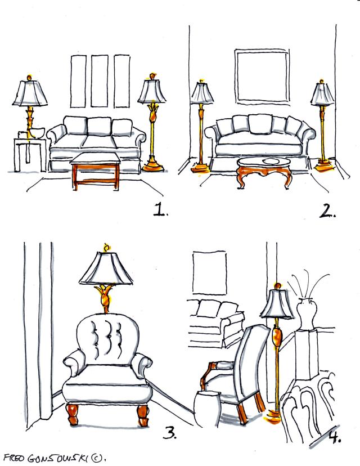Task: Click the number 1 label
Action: coord(160,209)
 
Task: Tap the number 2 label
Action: coord(327,210)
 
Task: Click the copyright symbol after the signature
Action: coord(96,458)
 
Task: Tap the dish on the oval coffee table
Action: coord(271,161)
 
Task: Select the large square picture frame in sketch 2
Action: coord(262,77)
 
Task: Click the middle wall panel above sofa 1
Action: coord(100,81)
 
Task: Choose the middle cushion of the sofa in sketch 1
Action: coord(100,126)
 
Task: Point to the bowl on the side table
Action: coord(36,132)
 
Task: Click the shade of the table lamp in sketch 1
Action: coord(30,93)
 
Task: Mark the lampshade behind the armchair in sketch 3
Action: coord(106,268)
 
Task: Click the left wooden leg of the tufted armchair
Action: coord(73,414)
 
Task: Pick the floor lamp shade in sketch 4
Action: coord(277,303)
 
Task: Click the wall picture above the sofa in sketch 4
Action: coord(209,273)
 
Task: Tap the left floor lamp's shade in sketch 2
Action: coord(202,93)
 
